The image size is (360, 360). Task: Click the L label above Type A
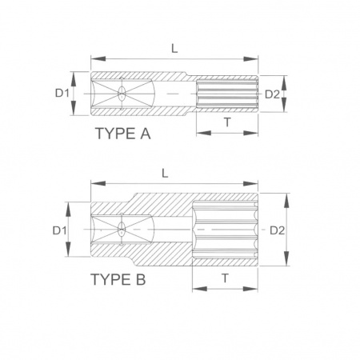[x=174, y=49]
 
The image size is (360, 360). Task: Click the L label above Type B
[x=166, y=174]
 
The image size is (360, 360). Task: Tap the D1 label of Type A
[x=62, y=94]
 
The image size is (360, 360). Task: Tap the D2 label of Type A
[x=272, y=94]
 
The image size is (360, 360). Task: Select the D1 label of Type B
[x=59, y=230]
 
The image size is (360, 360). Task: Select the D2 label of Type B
[x=278, y=230]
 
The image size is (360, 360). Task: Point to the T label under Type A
[x=227, y=122]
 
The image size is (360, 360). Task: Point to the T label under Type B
[x=226, y=278]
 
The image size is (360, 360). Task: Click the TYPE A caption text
[x=123, y=134]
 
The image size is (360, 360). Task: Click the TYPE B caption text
[x=118, y=279]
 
